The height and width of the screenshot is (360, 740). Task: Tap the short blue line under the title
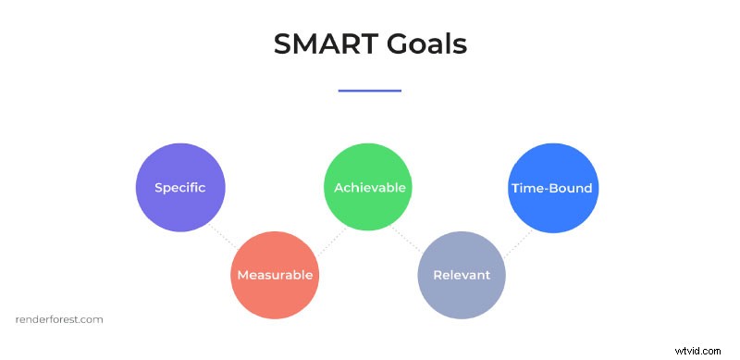point(370,91)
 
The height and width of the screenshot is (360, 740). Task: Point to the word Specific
point(180,188)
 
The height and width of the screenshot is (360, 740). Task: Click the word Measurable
point(275,275)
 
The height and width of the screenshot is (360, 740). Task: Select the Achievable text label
point(369,188)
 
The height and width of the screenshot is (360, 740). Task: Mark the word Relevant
point(462,275)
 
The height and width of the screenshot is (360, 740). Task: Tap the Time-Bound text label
point(552,188)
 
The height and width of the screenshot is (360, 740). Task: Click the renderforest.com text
point(60,319)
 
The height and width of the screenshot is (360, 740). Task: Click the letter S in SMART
point(283,44)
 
